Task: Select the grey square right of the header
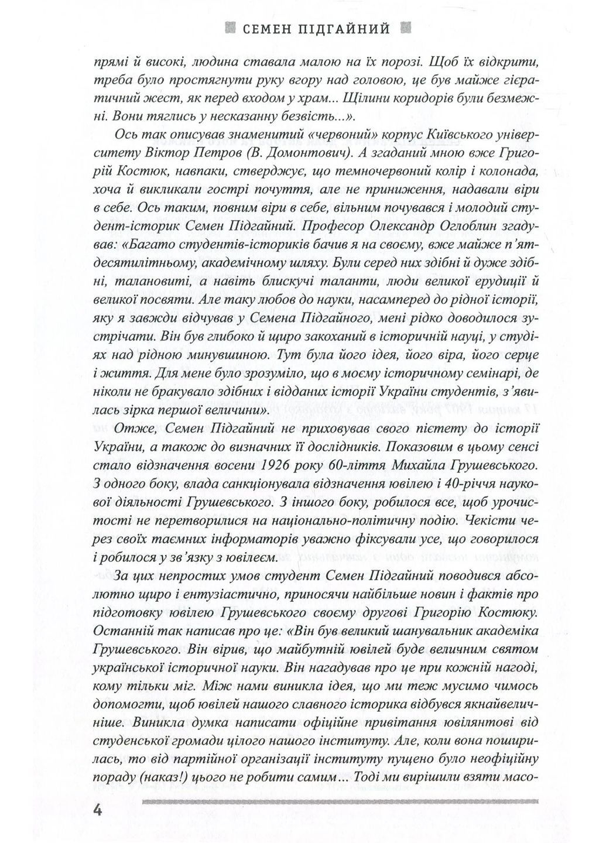pos(403,28)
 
